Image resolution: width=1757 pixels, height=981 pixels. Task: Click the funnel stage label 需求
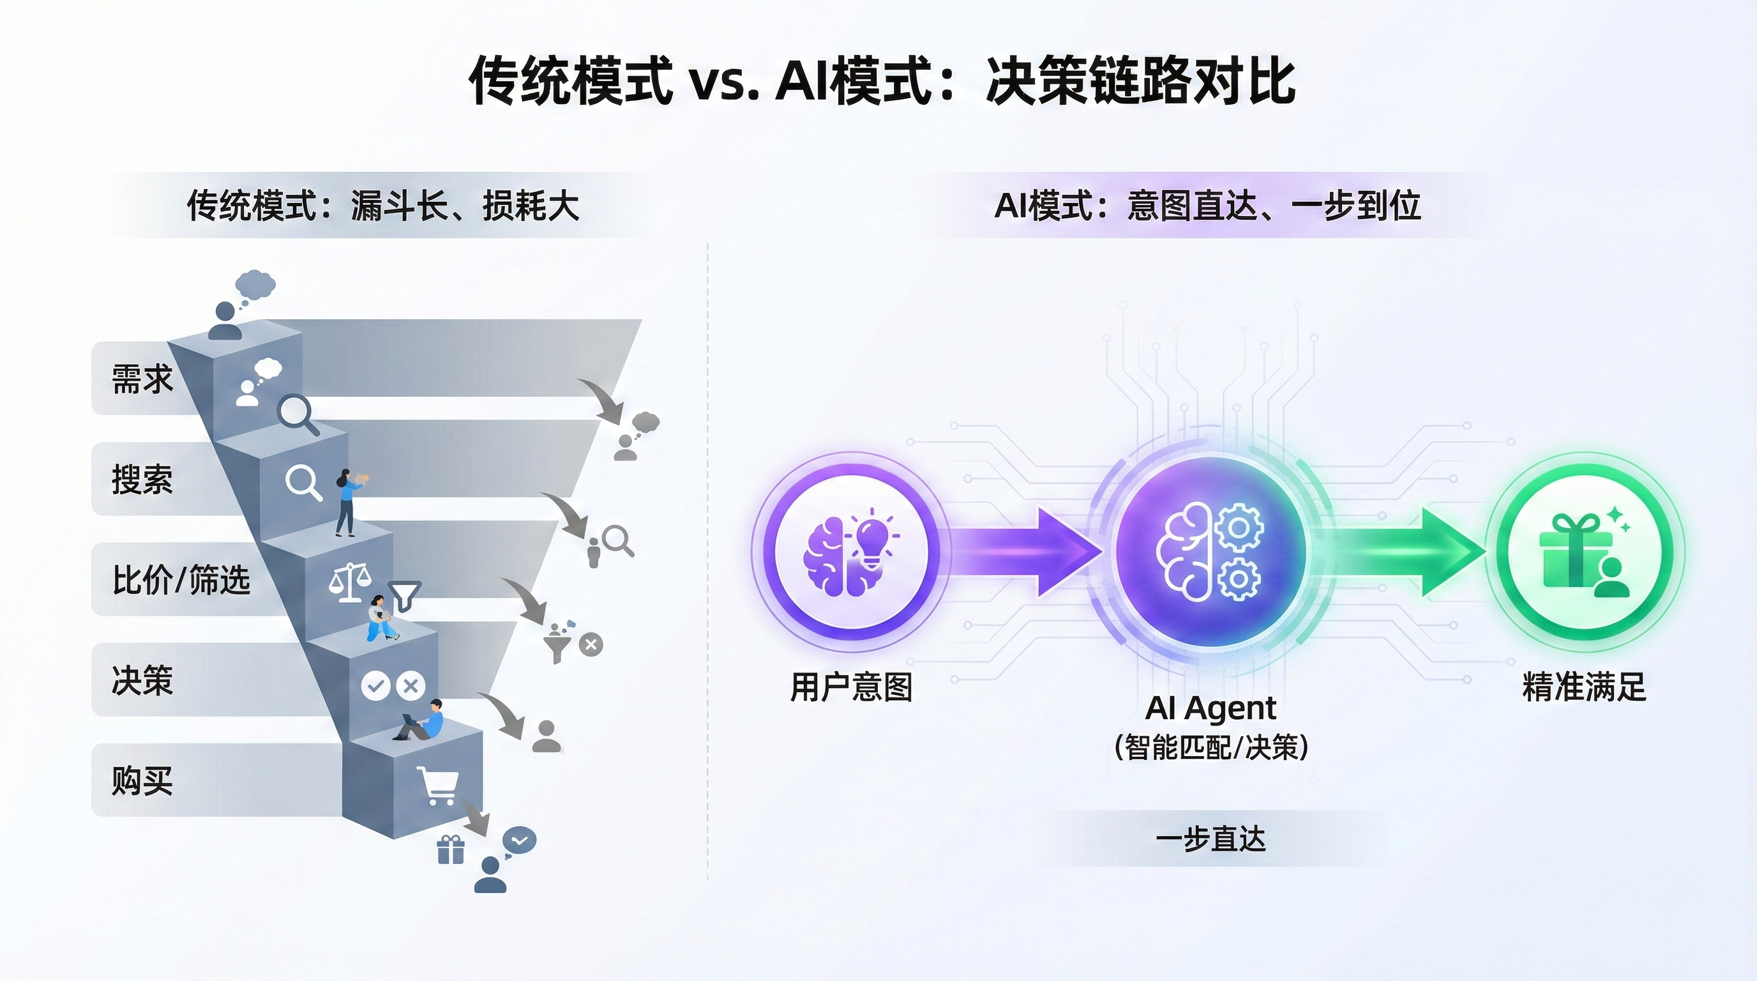click(x=142, y=379)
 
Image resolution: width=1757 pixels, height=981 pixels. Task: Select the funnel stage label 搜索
click(x=142, y=479)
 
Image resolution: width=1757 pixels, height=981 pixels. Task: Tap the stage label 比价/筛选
click(x=181, y=580)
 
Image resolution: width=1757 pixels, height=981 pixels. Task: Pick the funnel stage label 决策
click(x=142, y=680)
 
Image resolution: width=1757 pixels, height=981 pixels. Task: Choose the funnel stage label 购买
click(x=142, y=780)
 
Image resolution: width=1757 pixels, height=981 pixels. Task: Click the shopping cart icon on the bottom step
click(x=438, y=786)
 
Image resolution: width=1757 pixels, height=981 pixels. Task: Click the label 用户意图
click(x=850, y=687)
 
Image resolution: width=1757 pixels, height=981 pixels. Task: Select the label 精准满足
click(x=1584, y=687)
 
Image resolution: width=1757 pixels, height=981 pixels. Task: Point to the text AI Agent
click(x=1210, y=708)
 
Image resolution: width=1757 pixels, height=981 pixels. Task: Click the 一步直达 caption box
click(x=1210, y=839)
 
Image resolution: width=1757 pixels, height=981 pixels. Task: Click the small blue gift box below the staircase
click(x=450, y=850)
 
